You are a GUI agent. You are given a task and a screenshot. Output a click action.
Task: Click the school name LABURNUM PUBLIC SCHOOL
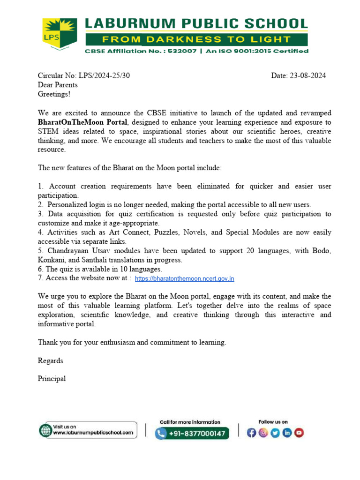tap(196, 24)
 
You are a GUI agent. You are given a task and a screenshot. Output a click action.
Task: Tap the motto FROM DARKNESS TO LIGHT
tap(196, 39)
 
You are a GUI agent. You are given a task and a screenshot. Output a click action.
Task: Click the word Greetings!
tap(54, 94)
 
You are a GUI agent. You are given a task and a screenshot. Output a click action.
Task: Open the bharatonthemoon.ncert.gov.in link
tap(184, 279)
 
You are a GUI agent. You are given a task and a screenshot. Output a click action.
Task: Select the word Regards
tap(50, 361)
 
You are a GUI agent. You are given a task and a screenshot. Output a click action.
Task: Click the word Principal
tap(52, 379)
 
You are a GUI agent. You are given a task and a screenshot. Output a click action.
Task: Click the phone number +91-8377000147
tap(198, 434)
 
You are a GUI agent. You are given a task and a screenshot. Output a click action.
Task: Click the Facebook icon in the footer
tap(252, 433)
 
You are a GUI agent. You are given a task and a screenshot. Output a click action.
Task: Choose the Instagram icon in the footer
tap(263, 433)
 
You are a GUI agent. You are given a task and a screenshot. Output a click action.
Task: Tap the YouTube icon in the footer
tap(299, 433)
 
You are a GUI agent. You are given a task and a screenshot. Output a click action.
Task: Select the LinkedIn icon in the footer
tap(287, 433)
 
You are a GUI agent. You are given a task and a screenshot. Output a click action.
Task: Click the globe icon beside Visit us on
tap(45, 430)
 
